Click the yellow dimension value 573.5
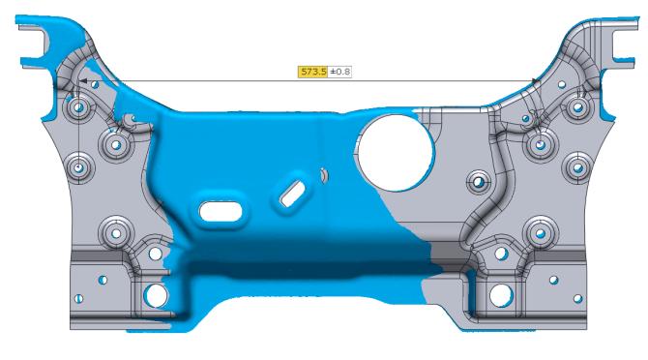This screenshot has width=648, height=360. [x=313, y=72]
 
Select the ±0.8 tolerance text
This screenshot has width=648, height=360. [x=340, y=72]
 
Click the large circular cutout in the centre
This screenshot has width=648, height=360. [x=396, y=153]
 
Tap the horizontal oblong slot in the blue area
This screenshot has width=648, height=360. [x=221, y=211]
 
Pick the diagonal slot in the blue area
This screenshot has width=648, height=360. [x=293, y=194]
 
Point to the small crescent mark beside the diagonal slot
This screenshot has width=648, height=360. [x=324, y=176]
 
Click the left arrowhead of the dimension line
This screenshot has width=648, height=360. [x=82, y=81]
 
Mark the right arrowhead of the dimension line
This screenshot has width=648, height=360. [x=536, y=81]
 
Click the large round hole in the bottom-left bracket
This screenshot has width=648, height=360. [x=156, y=295]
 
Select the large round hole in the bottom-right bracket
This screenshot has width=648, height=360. [x=501, y=295]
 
